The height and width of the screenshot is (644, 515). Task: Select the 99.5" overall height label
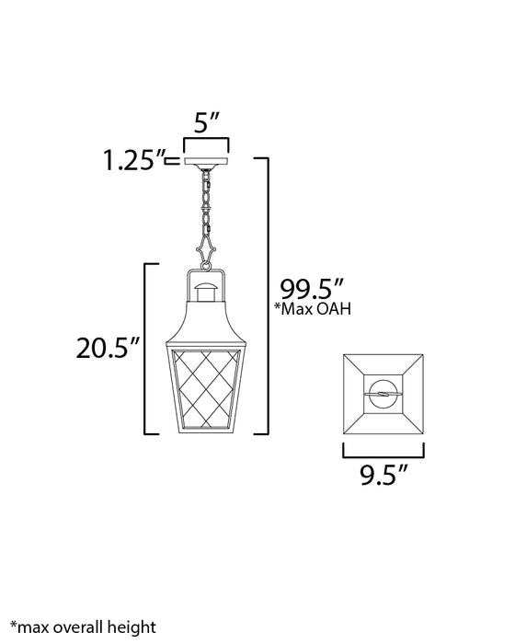coord(312,289)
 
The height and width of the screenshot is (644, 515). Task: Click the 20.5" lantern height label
coord(108,348)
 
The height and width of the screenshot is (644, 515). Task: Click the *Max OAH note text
coord(313,308)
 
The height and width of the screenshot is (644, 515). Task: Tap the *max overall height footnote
coord(84,627)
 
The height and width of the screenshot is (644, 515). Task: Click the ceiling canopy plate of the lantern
coord(206,161)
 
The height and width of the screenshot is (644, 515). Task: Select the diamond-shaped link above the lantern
coord(206,248)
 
